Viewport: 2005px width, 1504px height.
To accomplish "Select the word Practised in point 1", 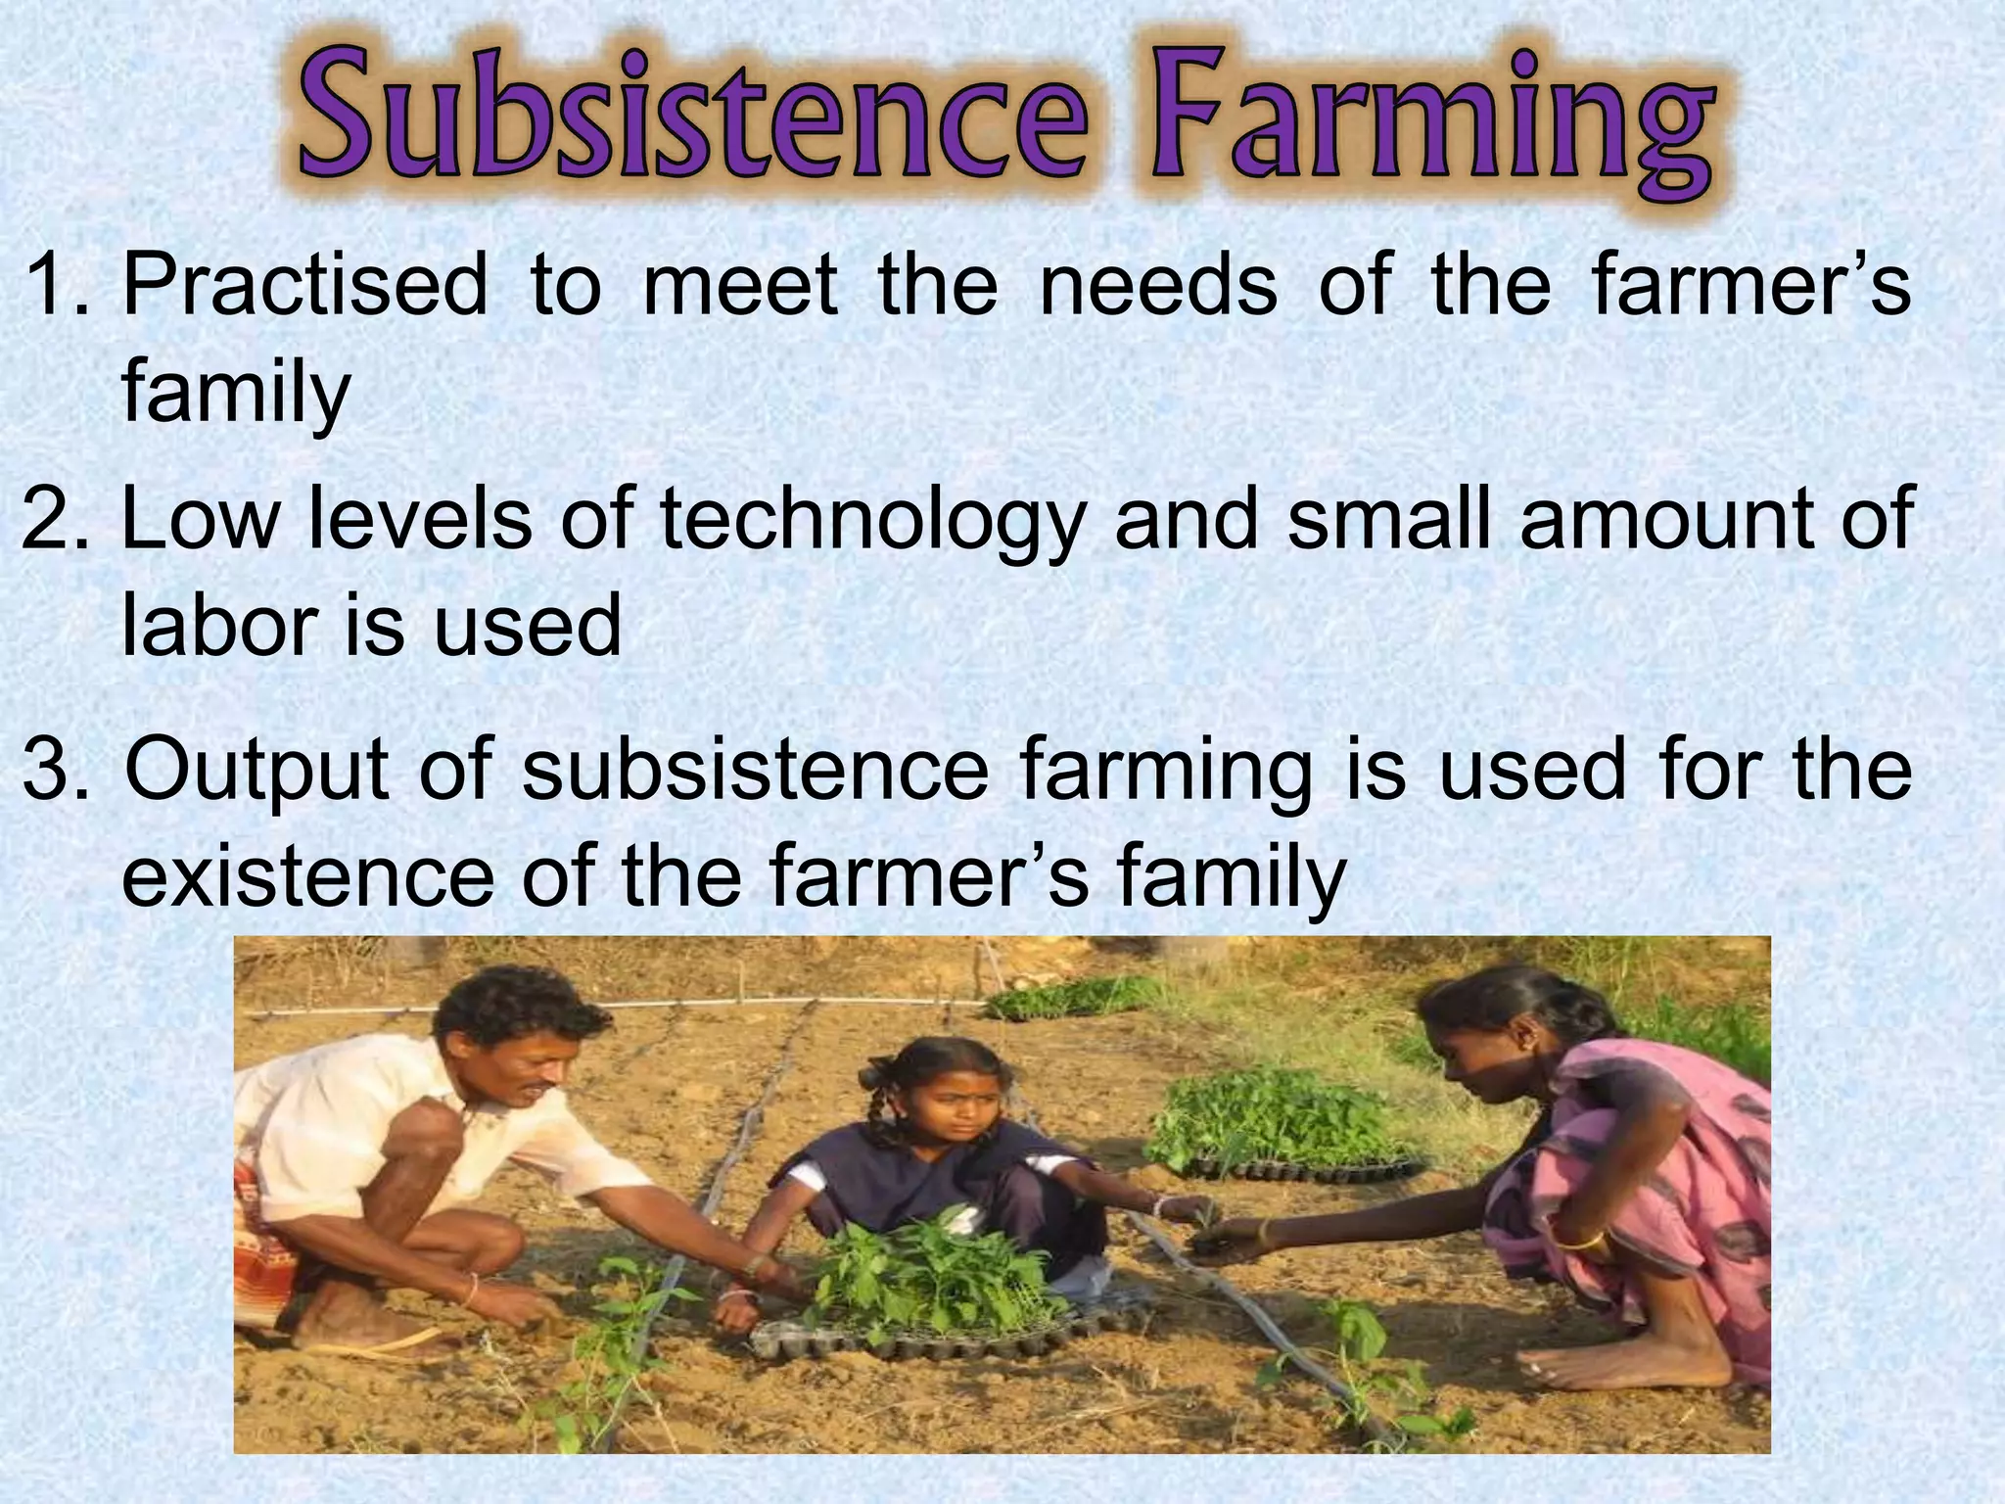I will click(x=304, y=286).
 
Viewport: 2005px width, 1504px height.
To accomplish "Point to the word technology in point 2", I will click(x=871, y=521).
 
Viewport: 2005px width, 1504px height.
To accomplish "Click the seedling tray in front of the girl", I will click(x=930, y=1322).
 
